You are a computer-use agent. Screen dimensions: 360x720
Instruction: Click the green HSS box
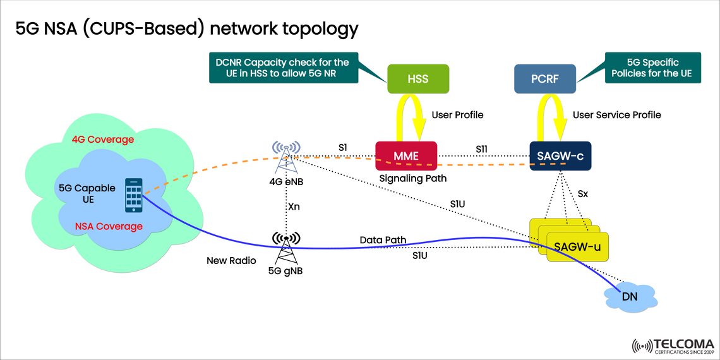(417, 80)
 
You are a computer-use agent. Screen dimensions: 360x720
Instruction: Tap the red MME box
(406, 155)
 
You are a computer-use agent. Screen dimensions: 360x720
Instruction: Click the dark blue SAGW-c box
(560, 155)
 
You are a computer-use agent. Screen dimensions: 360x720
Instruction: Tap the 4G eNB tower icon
(286, 157)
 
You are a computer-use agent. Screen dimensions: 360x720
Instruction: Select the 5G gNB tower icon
(286, 248)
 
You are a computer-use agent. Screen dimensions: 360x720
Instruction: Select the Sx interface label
(582, 195)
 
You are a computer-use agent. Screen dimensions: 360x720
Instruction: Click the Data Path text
(383, 240)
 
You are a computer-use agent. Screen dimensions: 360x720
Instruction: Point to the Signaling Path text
(412, 179)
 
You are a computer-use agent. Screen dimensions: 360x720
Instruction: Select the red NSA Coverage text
(109, 226)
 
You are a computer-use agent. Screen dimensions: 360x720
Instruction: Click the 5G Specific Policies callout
(652, 68)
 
